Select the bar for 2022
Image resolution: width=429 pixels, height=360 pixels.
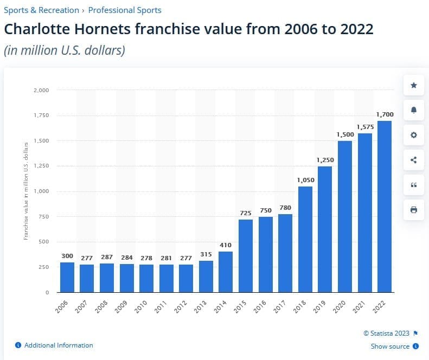pyautogui.click(x=385, y=206)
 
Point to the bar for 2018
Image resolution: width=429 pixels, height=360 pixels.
pyautogui.click(x=305, y=239)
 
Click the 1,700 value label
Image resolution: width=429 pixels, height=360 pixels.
pyautogui.click(x=385, y=114)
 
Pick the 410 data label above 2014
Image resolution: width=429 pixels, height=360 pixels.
pyautogui.click(x=226, y=245)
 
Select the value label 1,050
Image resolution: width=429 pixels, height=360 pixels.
pyautogui.click(x=305, y=180)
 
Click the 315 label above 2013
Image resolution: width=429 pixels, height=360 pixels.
pyautogui.click(x=206, y=255)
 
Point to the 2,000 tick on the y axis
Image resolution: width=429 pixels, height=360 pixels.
pyautogui.click(x=41, y=90)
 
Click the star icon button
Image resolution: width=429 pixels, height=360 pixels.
pyautogui.click(x=414, y=85)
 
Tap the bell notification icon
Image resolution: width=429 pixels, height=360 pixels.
pyautogui.click(x=414, y=110)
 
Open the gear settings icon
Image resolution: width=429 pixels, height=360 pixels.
pyautogui.click(x=414, y=135)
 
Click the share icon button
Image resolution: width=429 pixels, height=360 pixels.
pyautogui.click(x=414, y=160)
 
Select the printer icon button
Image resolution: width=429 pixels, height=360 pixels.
pyautogui.click(x=414, y=210)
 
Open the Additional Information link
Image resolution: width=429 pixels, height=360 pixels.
pyautogui.click(x=59, y=345)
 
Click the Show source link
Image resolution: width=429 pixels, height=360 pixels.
pyautogui.click(x=390, y=346)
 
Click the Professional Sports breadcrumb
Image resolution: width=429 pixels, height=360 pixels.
pyautogui.click(x=125, y=10)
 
